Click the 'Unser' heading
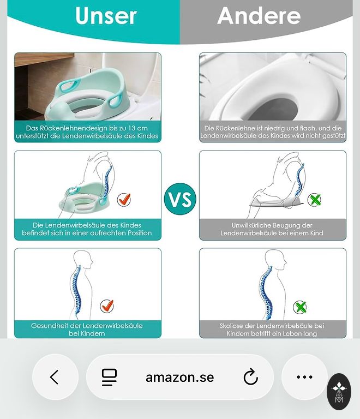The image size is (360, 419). [x=106, y=16]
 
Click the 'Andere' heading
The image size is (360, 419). [x=259, y=16]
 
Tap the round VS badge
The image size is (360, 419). [x=180, y=199]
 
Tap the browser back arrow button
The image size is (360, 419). [x=55, y=377]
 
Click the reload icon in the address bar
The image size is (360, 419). [x=250, y=377]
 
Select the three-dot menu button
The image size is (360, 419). [x=304, y=377]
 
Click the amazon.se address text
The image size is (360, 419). [x=180, y=378]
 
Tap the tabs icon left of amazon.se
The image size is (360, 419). [x=109, y=378]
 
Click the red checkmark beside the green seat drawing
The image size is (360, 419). [x=124, y=199]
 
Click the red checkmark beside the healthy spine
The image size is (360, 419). [x=107, y=306]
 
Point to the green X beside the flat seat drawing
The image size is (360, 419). [x=314, y=200]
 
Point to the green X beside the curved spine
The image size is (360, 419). [x=300, y=307]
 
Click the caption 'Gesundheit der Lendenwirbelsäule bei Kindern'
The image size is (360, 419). [x=87, y=330]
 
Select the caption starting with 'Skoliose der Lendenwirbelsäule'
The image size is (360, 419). [x=272, y=330]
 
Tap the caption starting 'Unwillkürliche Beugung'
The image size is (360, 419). [x=272, y=229]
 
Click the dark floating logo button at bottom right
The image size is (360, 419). [x=339, y=392]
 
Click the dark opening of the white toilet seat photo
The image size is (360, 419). [x=272, y=110]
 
